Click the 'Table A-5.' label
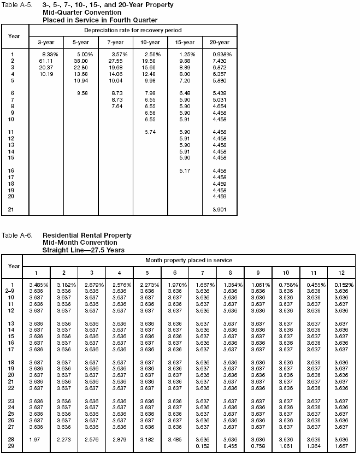[x=17, y=4]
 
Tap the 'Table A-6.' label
[x=17, y=235]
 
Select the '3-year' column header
[x=45, y=42]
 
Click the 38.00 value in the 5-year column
[x=80, y=61]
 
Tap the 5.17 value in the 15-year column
[x=187, y=171]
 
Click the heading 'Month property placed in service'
[x=188, y=260]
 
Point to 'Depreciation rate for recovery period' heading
[x=133, y=30]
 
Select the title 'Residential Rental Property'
[x=86, y=235]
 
